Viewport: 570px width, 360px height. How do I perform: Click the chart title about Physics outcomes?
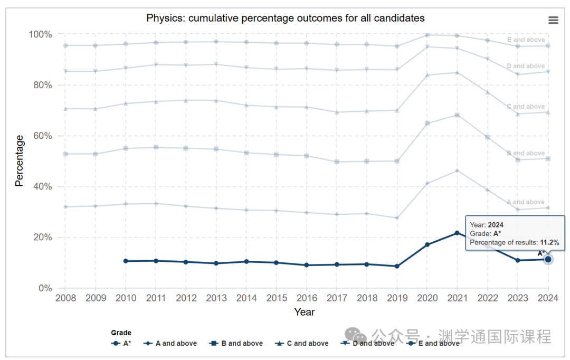coord(285,18)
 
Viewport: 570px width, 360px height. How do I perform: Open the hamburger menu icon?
coord(553,20)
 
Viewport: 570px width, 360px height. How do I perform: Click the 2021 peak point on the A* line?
coord(457,233)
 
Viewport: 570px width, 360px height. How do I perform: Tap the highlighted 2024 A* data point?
coord(548,259)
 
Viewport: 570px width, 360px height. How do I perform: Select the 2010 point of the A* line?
coord(125,261)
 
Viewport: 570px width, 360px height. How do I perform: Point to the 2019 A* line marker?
coord(397,266)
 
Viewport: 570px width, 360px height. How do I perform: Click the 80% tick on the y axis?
coord(41,85)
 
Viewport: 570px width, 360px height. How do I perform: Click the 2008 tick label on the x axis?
coord(65,298)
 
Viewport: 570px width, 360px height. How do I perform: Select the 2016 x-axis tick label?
coord(306,298)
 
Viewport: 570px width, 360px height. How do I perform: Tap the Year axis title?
coord(305,312)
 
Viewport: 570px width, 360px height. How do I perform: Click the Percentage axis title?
coord(20,160)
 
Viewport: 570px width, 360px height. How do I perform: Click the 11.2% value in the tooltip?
coord(549,242)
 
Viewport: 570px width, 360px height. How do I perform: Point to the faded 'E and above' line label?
coord(526,40)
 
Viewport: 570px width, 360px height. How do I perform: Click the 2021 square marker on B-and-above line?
coord(457,115)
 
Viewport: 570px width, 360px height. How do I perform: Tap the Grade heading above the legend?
coord(121,333)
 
